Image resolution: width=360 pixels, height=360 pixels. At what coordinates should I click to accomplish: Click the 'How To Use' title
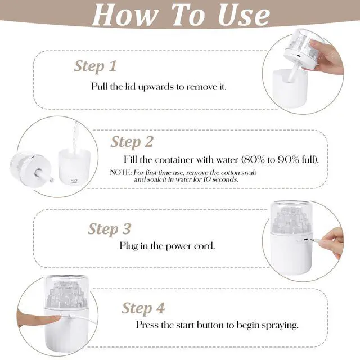pyautogui.click(x=181, y=15)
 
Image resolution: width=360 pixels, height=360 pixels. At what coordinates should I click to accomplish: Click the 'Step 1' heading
pyautogui.click(x=95, y=66)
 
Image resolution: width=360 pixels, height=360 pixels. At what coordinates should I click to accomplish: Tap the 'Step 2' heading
pyautogui.click(x=132, y=142)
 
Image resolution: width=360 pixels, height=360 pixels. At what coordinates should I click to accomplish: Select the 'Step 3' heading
pyautogui.click(x=110, y=229)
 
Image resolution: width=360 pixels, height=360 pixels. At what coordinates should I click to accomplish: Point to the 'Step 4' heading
pyautogui.click(x=143, y=308)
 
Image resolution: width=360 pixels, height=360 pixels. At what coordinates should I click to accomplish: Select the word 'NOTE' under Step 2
pyautogui.click(x=120, y=172)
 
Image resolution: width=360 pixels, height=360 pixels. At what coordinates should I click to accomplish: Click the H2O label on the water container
pyautogui.click(x=74, y=181)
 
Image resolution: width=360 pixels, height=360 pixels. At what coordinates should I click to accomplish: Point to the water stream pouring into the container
pyautogui.click(x=75, y=137)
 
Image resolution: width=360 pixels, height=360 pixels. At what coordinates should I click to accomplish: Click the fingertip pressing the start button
pyautogui.click(x=56, y=318)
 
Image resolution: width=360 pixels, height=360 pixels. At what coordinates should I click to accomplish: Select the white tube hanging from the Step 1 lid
pyautogui.click(x=292, y=74)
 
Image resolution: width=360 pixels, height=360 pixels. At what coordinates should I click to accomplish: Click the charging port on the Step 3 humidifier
pyautogui.click(x=306, y=240)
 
